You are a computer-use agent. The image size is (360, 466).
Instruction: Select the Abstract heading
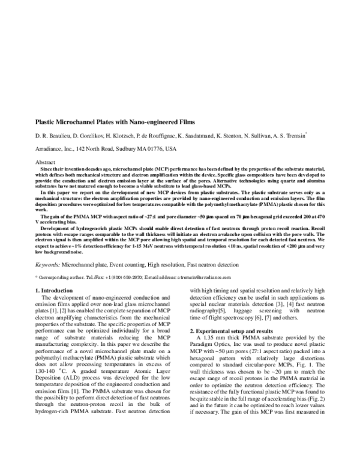46,163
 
